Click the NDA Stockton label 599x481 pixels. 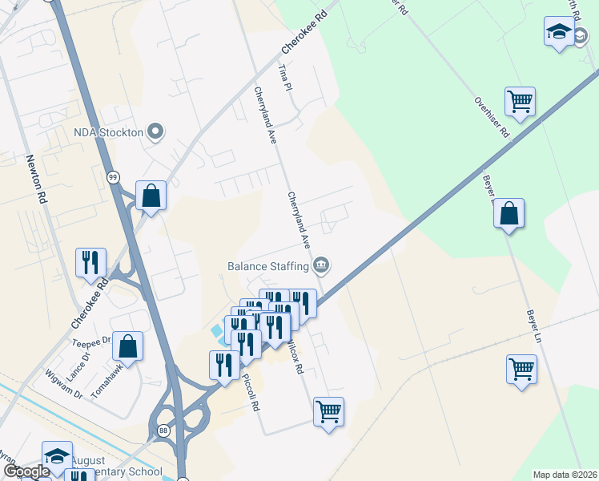pos(108,132)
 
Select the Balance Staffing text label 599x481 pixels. pos(268,265)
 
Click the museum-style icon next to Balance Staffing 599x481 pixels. pos(322,264)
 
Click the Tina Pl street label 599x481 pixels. pos(282,79)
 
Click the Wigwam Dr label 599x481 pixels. pos(64,383)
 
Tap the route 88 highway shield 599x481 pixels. pos(163,430)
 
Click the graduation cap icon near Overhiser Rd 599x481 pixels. pos(558,32)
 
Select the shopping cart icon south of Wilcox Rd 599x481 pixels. pos(328,412)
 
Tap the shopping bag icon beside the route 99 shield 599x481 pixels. pos(151,195)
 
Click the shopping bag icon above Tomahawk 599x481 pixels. pos(127,346)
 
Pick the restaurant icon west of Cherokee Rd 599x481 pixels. pos(90,261)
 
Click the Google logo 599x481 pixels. pos(26,472)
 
